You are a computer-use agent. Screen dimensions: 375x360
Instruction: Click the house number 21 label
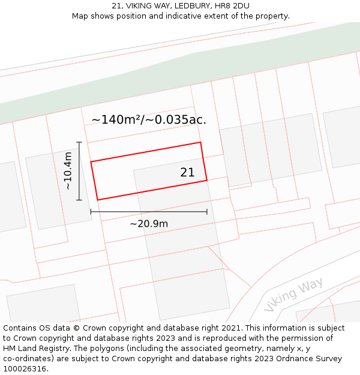pyautogui.click(x=187, y=172)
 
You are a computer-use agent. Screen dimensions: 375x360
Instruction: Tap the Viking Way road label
pyautogui.click(x=293, y=294)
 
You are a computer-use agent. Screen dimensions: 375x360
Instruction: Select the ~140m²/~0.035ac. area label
pyautogui.click(x=149, y=119)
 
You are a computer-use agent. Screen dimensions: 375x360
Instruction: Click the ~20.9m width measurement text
pyautogui.click(x=149, y=224)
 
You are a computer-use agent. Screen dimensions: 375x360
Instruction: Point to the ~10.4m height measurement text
pyautogui.click(x=68, y=171)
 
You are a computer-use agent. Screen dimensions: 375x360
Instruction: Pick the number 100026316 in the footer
pyautogui.click(x=25, y=369)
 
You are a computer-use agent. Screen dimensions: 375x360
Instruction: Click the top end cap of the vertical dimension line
pyautogui.click(x=79, y=142)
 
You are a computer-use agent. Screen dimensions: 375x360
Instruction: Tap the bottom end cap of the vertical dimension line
pyautogui.click(x=79, y=200)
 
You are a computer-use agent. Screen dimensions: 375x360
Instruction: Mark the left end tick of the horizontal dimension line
pyautogui.click(x=91, y=211)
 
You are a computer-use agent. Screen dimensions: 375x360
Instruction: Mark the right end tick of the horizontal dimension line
pyautogui.click(x=207, y=211)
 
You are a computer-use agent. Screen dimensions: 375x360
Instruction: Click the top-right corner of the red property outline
pyautogui.click(x=200, y=142)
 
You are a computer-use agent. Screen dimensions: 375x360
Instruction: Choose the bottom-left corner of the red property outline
pyautogui.click(x=97, y=200)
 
